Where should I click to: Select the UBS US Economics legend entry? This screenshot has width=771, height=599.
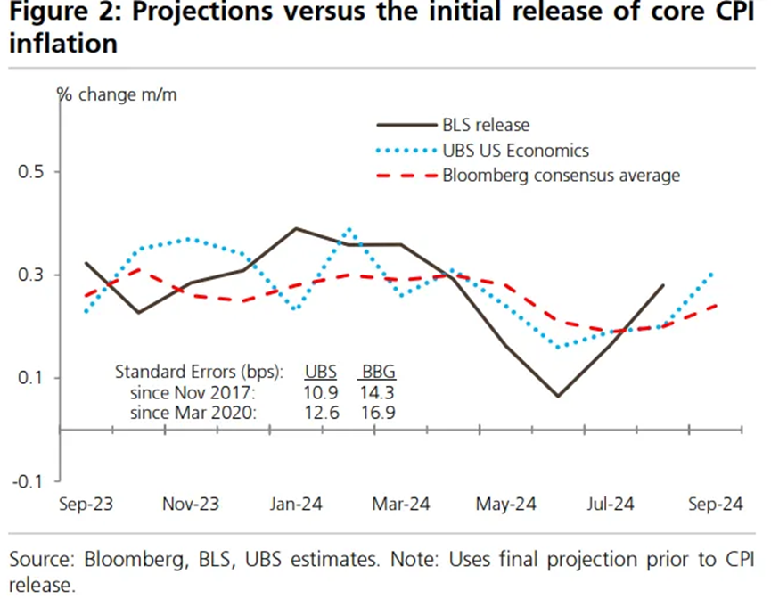coord(515,151)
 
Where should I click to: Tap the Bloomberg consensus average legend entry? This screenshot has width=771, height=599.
coord(561,176)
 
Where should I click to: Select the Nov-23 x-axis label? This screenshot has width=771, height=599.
coord(191,505)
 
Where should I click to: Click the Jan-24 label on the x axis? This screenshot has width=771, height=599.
coord(295,505)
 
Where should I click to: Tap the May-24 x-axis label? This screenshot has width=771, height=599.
coord(504,505)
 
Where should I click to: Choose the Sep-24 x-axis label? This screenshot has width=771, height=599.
coord(715,505)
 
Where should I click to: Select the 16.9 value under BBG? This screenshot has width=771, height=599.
coord(376,412)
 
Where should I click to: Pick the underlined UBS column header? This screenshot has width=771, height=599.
coord(321,370)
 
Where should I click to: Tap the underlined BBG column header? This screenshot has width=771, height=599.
coord(376,370)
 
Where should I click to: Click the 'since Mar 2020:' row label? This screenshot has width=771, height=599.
coord(192,412)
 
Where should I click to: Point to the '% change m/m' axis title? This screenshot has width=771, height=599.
coord(119,95)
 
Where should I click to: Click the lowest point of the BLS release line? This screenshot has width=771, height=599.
coord(558,396)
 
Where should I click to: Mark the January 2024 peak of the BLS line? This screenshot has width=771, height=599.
coord(295,228)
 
